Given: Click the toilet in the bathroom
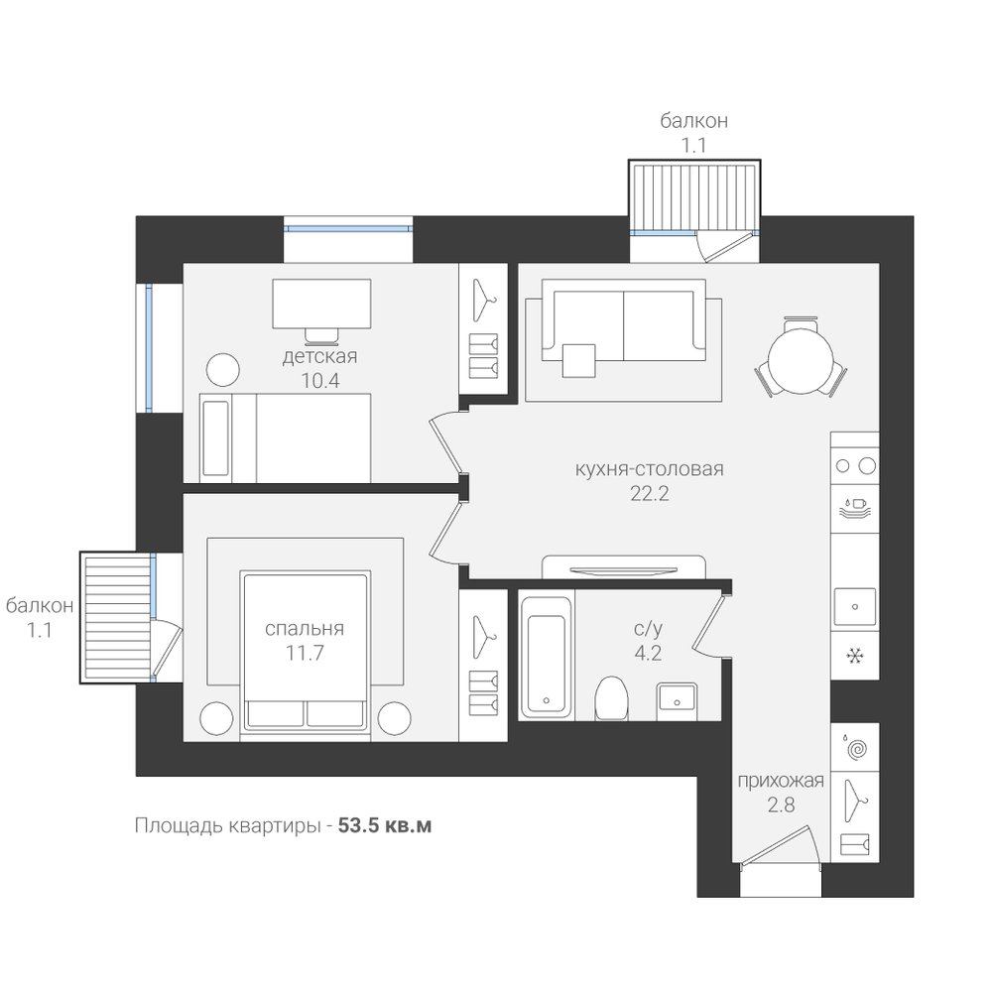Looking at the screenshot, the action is coord(611,698).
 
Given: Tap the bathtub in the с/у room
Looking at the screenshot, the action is coord(547,656).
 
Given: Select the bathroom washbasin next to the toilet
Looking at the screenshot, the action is coord(677,701).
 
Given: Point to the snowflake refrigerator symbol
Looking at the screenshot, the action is coord(855,656).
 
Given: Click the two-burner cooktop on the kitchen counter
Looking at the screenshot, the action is coord(855,466).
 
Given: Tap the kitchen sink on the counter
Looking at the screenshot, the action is coord(855,607).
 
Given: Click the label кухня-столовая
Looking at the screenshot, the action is coord(649,469).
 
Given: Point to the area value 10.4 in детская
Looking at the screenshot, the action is coord(320,381).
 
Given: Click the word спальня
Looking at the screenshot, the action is coord(305,629).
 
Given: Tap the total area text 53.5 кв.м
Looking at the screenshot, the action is coord(385,826).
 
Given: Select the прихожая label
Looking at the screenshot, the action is coord(781,782).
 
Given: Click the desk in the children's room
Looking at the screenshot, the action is coord(321,304).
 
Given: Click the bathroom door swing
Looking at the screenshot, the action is coord(709,625).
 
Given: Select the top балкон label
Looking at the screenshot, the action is coord(694,120).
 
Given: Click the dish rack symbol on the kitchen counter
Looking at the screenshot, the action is coord(855,509).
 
